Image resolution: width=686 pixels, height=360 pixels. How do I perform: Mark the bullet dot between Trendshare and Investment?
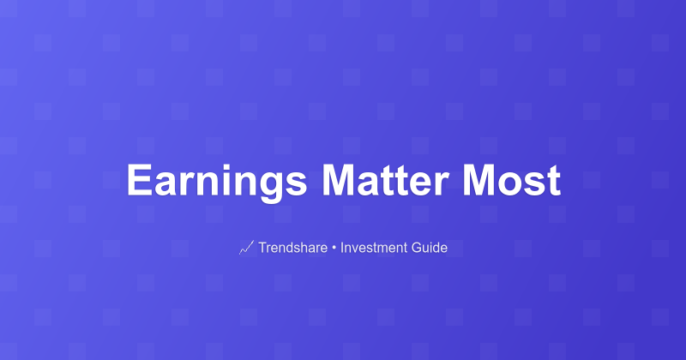pyautogui.click(x=334, y=249)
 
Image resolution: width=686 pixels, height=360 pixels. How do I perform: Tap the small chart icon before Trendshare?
pyautogui.click(x=246, y=248)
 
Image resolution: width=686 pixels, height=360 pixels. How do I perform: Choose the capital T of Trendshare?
pyautogui.click(x=262, y=248)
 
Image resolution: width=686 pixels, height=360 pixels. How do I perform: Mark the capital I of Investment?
pyautogui.click(x=342, y=248)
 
